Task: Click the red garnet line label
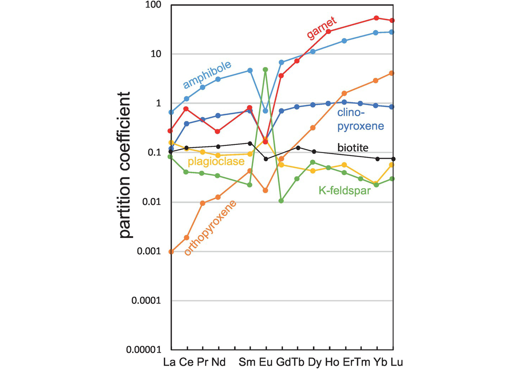322,28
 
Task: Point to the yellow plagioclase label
216,161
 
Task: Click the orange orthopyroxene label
211,228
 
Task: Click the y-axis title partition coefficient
125,165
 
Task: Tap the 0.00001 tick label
144,350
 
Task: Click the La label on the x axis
172,361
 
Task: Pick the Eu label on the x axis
265,361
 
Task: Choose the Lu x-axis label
397,361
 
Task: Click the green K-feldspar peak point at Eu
265,70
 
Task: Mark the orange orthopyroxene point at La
171,251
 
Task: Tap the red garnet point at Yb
376,18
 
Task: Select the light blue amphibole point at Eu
265,111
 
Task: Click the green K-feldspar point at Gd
282,201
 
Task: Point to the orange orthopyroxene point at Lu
392,73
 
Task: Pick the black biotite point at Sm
250,143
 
